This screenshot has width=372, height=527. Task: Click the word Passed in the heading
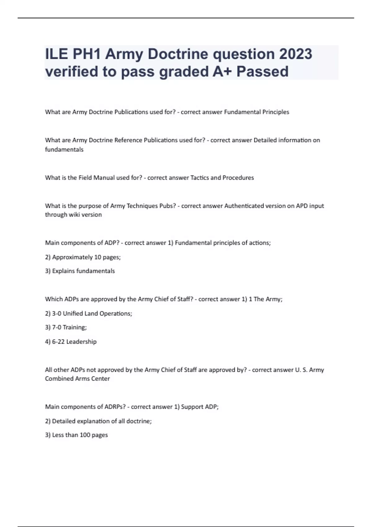tap(263, 71)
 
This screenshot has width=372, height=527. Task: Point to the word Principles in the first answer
tap(276, 112)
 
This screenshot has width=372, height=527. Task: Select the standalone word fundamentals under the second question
tap(64, 149)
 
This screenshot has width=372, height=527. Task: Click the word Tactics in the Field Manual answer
tap(200, 178)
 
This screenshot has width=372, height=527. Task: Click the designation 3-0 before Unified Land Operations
tap(57, 313)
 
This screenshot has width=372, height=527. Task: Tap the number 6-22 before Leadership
tap(58, 342)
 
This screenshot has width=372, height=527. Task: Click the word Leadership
tap(82, 342)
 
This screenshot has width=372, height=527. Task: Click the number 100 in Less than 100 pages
tap(85, 435)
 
